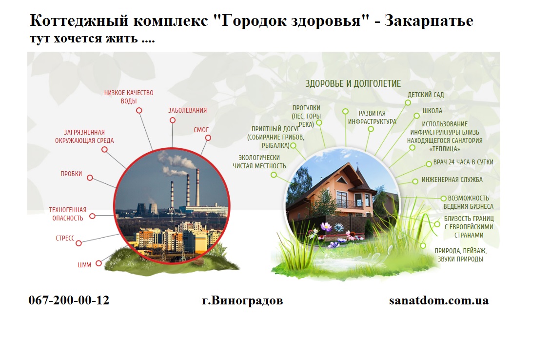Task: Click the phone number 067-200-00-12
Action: (69, 300)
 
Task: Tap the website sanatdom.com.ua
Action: (439, 300)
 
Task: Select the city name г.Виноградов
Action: (242, 300)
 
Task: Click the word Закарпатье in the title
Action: (429, 21)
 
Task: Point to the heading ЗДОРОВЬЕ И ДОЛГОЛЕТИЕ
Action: (353, 83)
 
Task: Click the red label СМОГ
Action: (201, 130)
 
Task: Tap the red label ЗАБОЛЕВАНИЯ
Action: (187, 110)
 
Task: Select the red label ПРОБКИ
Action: (71, 174)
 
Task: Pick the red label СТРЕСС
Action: (65, 238)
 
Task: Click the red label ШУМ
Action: (84, 265)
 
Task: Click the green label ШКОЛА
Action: (432, 111)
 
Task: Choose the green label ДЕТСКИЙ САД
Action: (426, 95)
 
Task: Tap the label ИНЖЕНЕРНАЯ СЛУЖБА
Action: (452, 180)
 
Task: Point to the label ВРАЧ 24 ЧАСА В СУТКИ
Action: (463, 162)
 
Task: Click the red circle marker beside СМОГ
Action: (208, 138)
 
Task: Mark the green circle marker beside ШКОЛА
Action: (416, 116)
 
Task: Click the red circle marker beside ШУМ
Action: (98, 263)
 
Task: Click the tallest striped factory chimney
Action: (197, 188)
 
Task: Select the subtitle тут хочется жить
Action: (92, 38)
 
